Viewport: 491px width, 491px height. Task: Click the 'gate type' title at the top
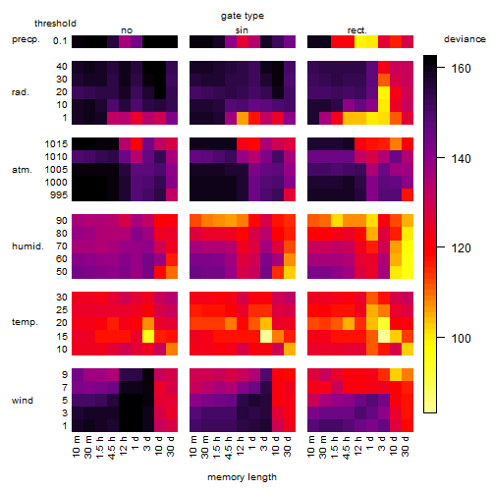point(243,16)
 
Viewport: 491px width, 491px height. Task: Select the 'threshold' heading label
point(55,24)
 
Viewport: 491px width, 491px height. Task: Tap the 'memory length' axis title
point(242,477)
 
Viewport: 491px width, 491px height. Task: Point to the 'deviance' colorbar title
point(464,39)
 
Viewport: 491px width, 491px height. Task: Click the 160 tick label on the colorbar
point(461,69)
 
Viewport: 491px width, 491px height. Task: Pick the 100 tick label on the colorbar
point(461,338)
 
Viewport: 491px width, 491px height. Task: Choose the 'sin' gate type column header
point(242,30)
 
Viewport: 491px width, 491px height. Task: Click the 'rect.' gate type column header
point(357,30)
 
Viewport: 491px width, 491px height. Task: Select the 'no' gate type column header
point(127,30)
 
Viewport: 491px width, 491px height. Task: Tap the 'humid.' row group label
point(27,246)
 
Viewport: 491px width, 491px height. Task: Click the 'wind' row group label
point(23,401)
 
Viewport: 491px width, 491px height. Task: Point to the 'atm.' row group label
point(22,170)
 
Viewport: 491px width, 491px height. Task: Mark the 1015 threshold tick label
point(56,144)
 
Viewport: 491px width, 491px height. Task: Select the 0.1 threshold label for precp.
point(60,41)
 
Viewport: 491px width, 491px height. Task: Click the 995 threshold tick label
point(59,195)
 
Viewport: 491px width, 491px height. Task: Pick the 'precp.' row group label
point(26,39)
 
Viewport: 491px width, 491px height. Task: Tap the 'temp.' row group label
point(25,322)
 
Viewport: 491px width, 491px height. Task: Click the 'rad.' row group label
point(21,92)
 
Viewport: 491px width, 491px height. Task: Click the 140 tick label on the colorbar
point(461,159)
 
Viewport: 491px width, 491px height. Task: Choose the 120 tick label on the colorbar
point(461,248)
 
